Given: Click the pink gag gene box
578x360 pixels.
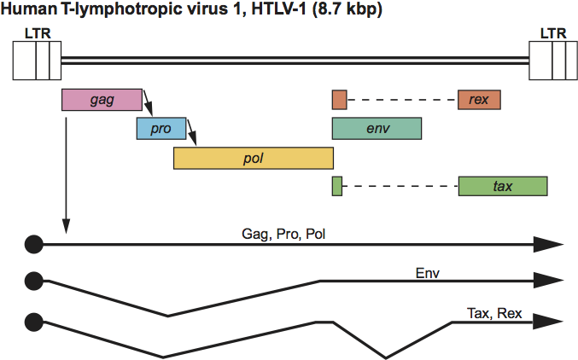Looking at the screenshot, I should tap(102, 99).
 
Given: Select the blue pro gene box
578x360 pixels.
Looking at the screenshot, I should tap(161, 129).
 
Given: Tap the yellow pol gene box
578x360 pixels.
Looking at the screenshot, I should tap(253, 158).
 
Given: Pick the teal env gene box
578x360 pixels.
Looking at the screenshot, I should tap(377, 129).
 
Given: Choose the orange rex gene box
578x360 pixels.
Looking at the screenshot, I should tap(479, 99).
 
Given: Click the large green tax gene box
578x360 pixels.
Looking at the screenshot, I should tap(502, 185).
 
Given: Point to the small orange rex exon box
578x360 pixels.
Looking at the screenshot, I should tap(339, 99).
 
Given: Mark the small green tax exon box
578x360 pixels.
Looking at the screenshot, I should tap(337, 185).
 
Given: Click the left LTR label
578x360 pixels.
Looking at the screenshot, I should tap(37, 32).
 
